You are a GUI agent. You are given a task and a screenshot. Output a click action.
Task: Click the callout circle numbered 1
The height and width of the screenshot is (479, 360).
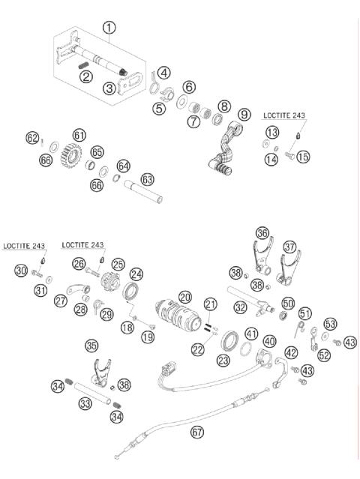[109, 28]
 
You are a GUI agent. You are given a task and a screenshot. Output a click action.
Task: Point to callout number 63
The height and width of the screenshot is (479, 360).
[147, 180]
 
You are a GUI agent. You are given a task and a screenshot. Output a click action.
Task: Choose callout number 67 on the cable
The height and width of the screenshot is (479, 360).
[196, 432]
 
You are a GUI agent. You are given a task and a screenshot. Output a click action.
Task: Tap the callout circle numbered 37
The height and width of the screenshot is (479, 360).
[289, 246]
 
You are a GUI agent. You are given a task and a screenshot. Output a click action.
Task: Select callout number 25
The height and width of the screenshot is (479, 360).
[118, 264]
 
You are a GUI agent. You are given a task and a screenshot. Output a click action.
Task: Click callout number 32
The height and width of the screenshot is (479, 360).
[240, 307]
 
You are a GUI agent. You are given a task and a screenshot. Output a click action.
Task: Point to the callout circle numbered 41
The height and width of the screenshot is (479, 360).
[252, 334]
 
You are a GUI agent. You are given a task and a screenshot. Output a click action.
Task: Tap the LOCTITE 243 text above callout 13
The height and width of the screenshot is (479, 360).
[283, 116]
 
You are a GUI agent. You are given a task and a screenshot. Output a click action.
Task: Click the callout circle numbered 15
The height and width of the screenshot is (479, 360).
[302, 157]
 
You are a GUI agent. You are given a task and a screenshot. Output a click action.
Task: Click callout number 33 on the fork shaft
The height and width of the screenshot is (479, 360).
[87, 403]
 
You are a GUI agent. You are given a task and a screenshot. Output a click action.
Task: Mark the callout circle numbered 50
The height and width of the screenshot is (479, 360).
[288, 304]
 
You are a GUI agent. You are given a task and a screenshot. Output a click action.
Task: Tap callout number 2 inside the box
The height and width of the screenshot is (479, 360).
[86, 75]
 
